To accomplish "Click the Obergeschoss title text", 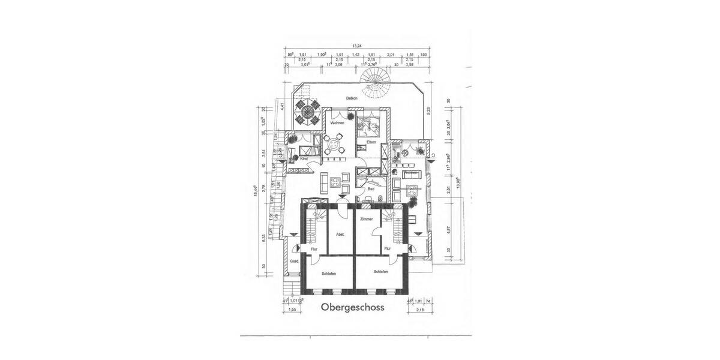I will pos(352,308).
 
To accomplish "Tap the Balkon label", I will pos(352,98).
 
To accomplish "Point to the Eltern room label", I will pos(371,142).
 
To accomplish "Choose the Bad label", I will pos(371,189).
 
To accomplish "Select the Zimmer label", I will pos(366,220).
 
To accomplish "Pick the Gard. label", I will pos(294,262).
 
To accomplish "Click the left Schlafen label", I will pos(328,273).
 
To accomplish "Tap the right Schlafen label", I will pos(380,272).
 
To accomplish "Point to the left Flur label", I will pos(313,248).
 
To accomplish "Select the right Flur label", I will pos(388,247).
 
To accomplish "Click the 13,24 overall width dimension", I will pos(357,46).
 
